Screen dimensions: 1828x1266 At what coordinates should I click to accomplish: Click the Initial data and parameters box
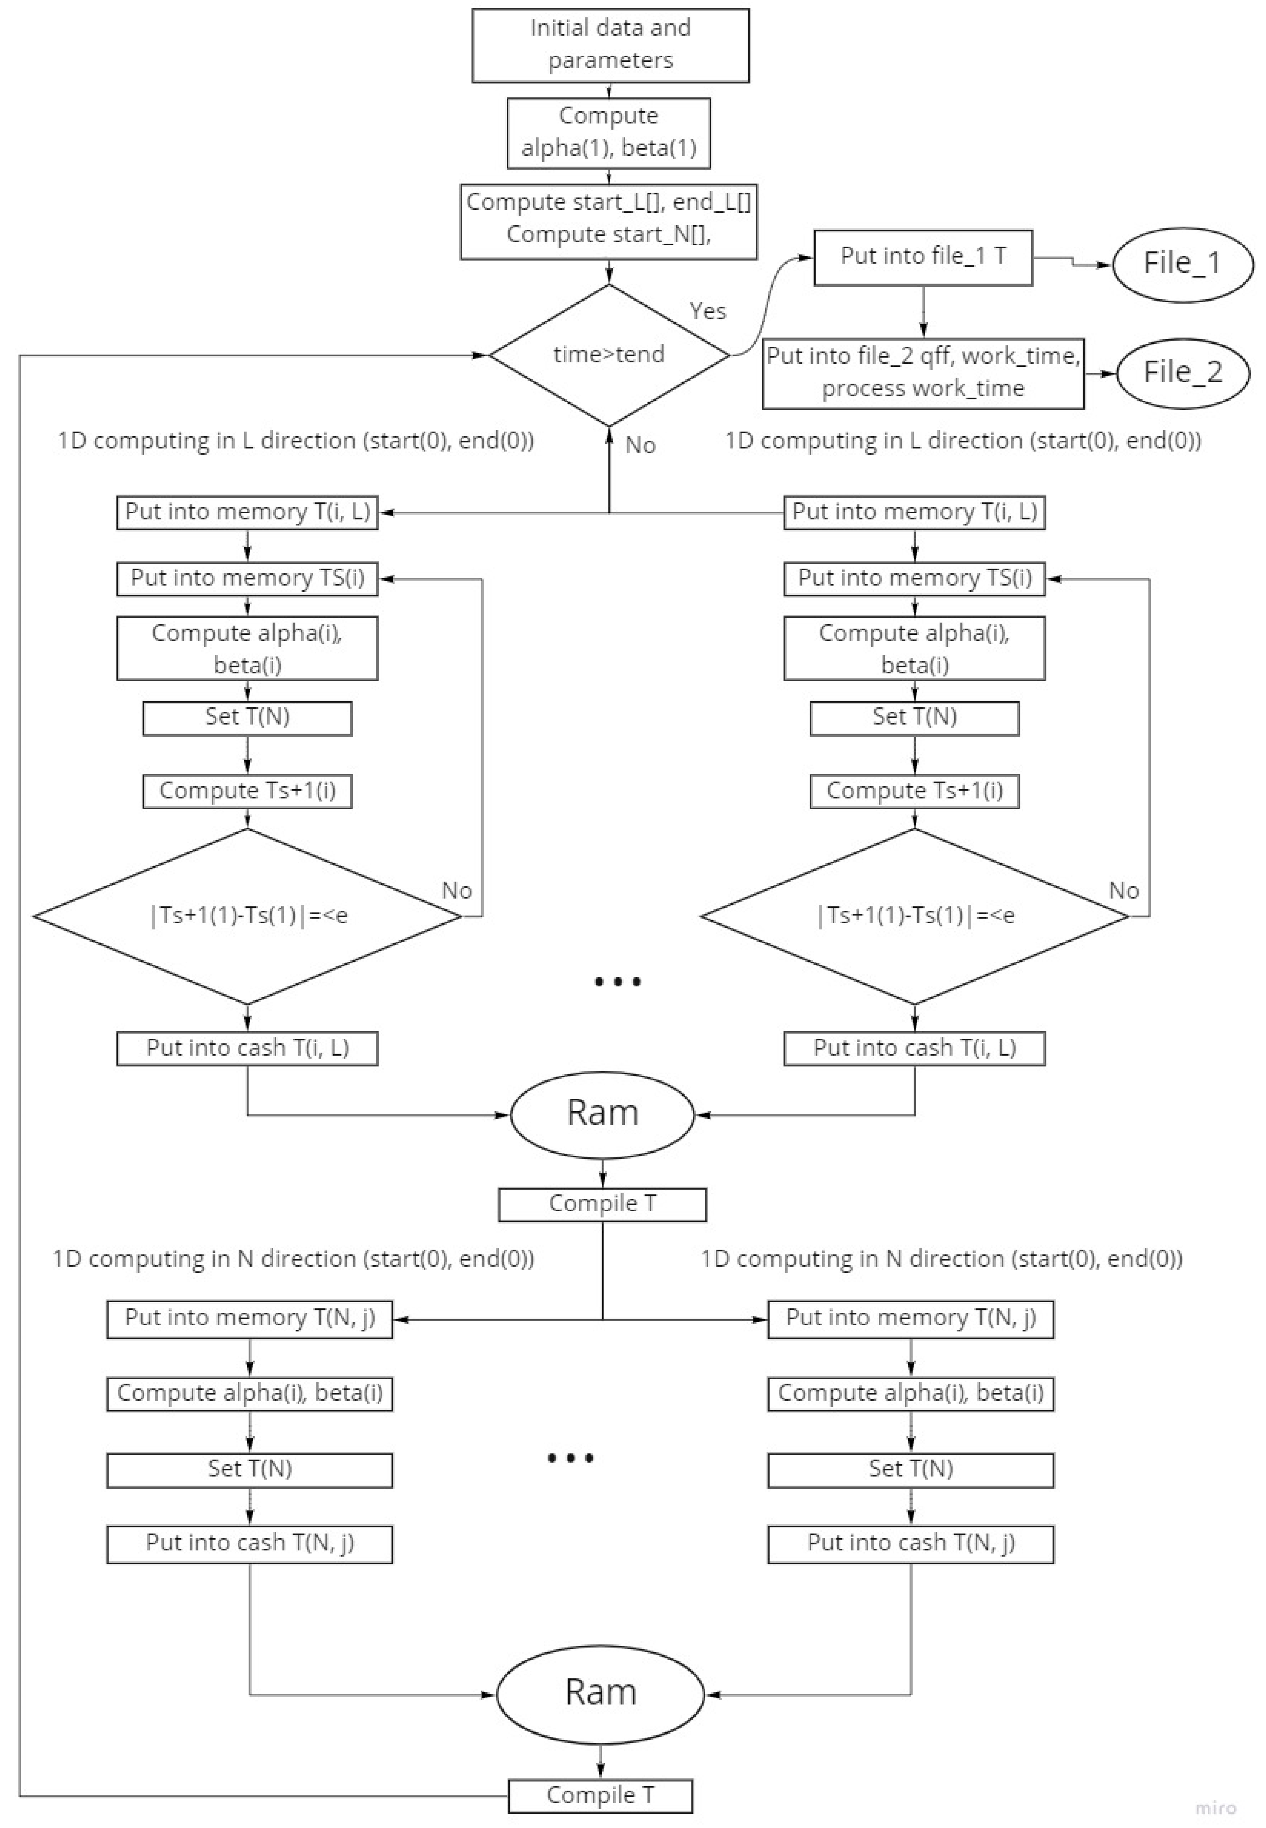point(610,45)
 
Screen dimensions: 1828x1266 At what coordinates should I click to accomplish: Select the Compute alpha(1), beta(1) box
point(608,132)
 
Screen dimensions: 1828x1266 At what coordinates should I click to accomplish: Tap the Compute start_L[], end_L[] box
point(608,221)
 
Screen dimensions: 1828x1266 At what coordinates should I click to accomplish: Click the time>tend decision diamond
point(608,355)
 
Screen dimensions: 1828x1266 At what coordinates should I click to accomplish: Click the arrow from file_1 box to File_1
point(1072,261)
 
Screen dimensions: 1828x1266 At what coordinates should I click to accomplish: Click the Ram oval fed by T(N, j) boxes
point(601,1694)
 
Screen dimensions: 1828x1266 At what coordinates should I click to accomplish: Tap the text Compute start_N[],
point(608,235)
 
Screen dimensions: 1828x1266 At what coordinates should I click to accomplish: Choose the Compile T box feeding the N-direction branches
point(602,1204)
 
